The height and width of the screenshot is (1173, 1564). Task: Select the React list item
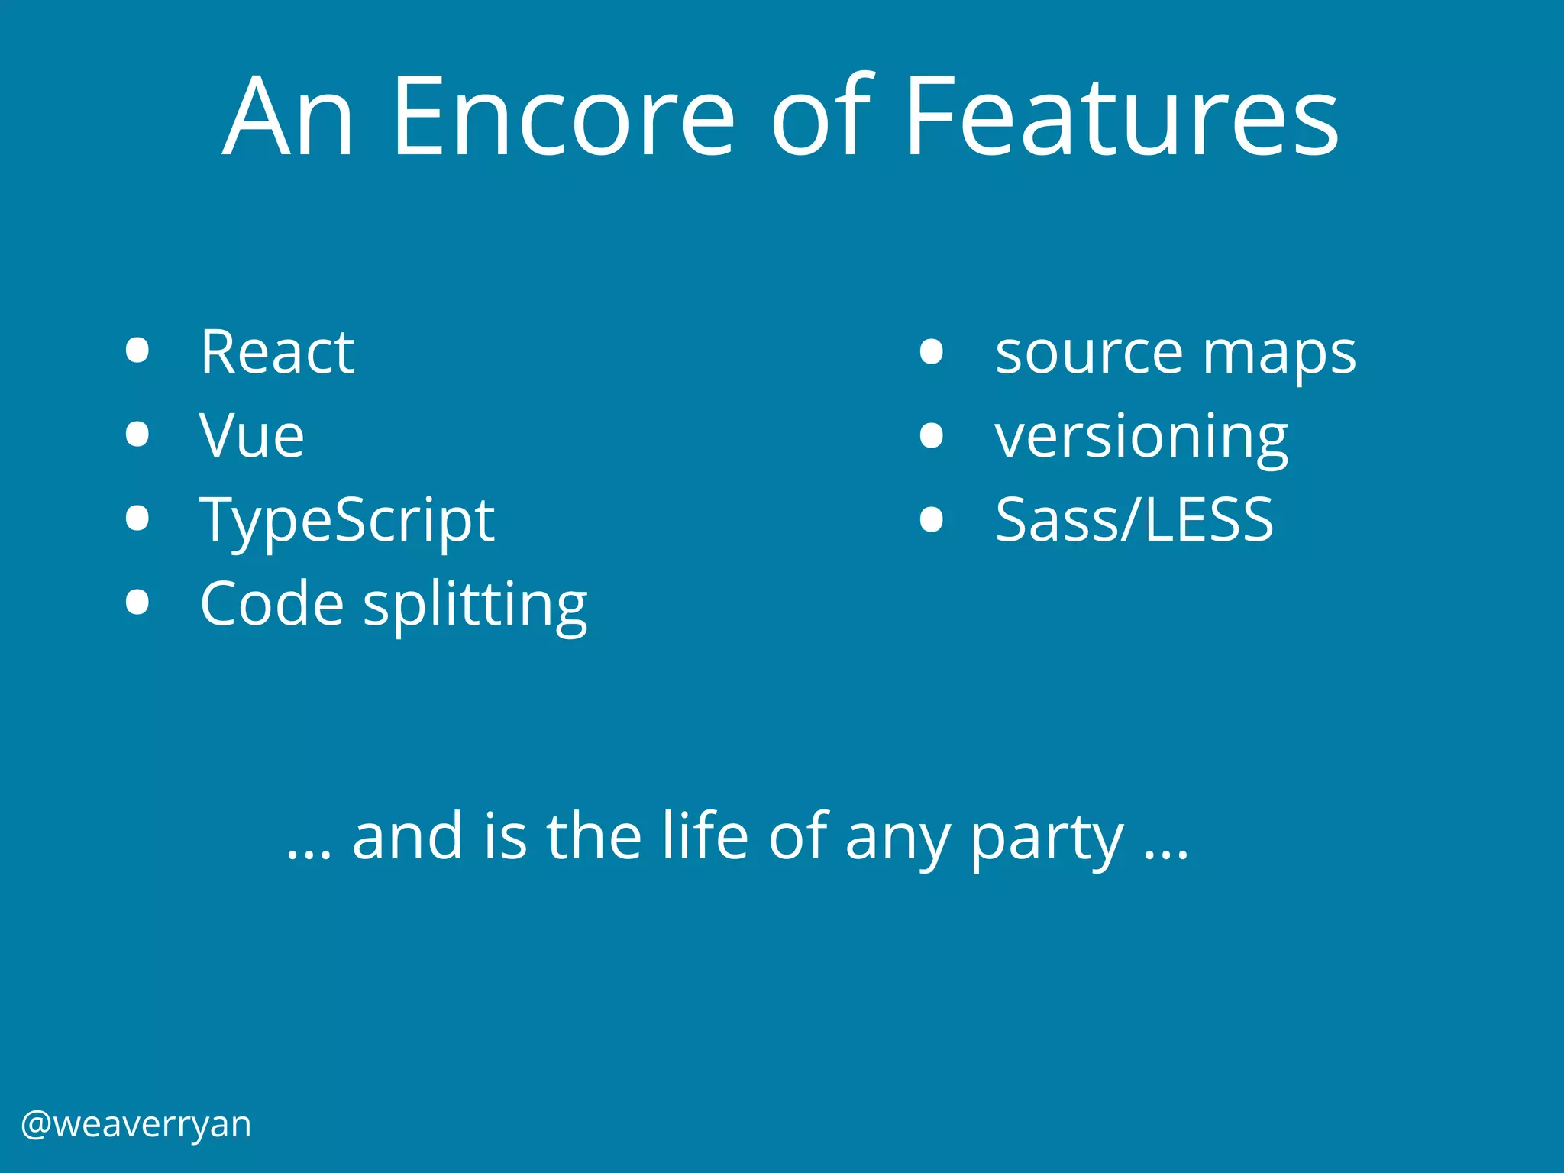pyautogui.click(x=277, y=352)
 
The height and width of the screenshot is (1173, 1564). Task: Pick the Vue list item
pyautogui.click(x=252, y=436)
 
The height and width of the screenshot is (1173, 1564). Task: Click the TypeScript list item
pyautogui.click(x=347, y=521)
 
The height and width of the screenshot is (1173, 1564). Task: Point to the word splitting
pyautogui.click(x=475, y=605)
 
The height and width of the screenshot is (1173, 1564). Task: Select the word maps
pyautogui.click(x=1279, y=355)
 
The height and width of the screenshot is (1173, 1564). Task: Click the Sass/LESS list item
pyautogui.click(x=1134, y=520)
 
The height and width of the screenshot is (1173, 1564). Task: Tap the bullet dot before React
pyautogui.click(x=137, y=351)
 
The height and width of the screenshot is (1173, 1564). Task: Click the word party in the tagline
pyautogui.click(x=1047, y=839)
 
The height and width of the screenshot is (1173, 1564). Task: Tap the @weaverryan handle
pyautogui.click(x=136, y=1124)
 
